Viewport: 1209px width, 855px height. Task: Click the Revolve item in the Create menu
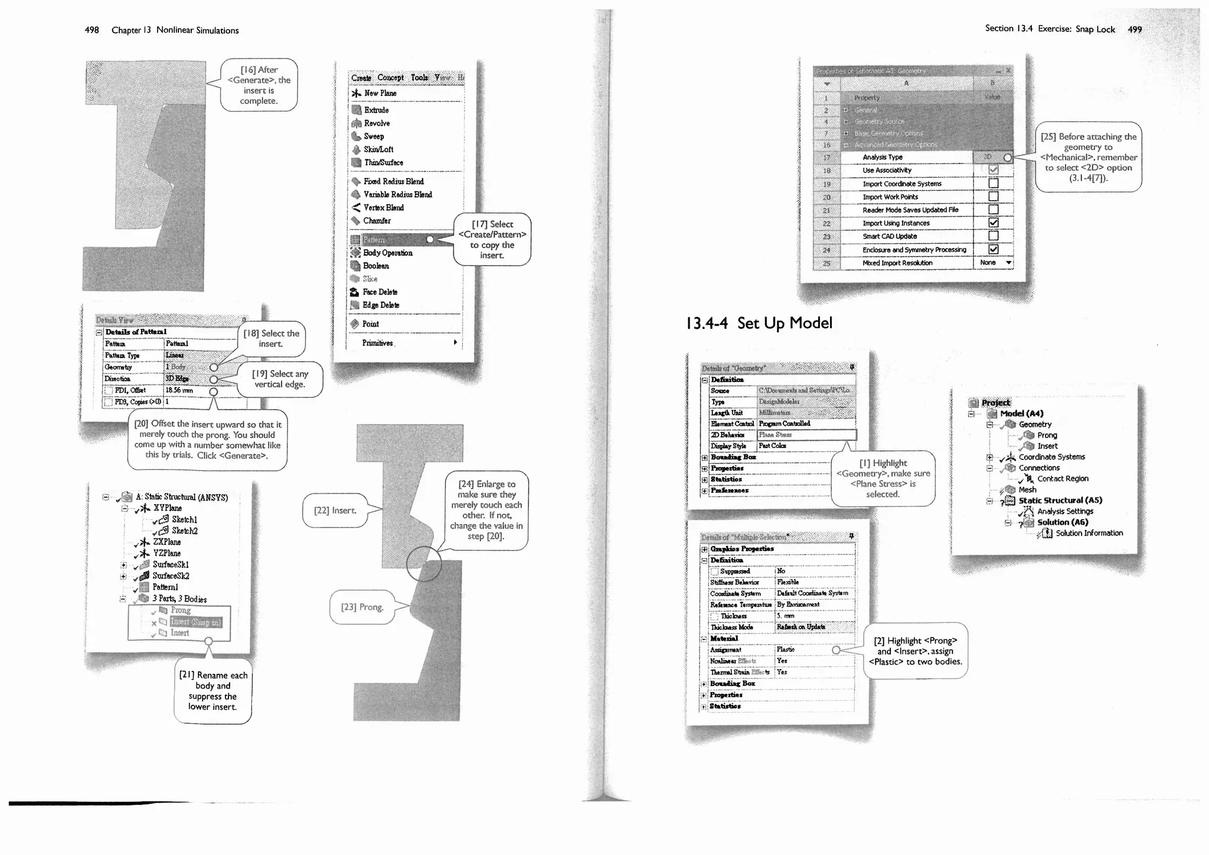[377, 123]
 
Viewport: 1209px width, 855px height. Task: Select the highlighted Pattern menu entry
[374, 240]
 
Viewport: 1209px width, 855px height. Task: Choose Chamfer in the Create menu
[377, 221]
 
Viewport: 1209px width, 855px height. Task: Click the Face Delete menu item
[380, 292]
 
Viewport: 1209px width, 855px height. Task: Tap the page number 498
[92, 30]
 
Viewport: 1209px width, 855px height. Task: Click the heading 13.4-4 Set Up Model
[759, 323]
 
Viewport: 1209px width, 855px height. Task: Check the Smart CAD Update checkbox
[994, 236]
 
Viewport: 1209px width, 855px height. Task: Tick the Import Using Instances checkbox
[994, 223]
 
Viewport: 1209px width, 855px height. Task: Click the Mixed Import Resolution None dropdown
[995, 263]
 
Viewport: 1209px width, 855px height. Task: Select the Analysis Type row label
[883, 157]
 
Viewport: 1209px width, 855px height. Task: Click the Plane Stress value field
[806, 435]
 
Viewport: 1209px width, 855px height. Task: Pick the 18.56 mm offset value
[179, 390]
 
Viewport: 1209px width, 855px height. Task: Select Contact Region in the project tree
[1063, 479]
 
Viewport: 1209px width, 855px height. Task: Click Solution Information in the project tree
[1089, 533]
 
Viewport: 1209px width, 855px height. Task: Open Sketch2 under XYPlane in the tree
[184, 531]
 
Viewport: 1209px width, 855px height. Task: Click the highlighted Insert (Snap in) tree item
[195, 622]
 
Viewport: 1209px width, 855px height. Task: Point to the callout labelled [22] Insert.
[335, 510]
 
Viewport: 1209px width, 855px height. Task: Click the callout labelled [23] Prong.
[362, 607]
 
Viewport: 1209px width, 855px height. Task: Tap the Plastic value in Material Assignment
[786, 650]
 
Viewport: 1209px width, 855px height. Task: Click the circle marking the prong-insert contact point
[424, 563]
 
